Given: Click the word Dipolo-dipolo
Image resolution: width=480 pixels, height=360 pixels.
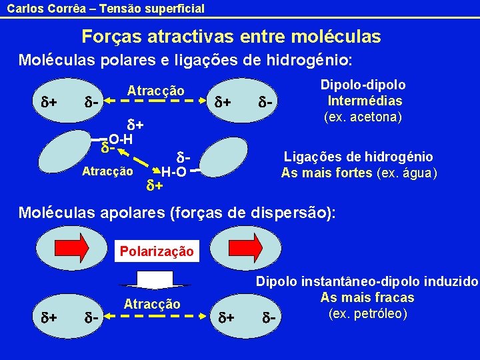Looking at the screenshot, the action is pyautogui.click(x=363, y=85).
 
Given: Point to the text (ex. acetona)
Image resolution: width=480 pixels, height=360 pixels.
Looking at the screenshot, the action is pyautogui.click(x=363, y=117).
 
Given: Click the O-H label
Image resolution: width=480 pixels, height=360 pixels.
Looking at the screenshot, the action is pyautogui.click(x=120, y=139).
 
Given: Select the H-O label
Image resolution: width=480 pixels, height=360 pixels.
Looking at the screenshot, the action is pyautogui.click(x=173, y=172).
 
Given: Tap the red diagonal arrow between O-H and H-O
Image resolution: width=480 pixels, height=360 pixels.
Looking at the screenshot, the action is pyautogui.click(x=138, y=160).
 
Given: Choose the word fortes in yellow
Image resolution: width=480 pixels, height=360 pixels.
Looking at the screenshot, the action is pyautogui.click(x=353, y=173).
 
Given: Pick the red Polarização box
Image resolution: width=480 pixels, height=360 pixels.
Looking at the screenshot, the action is pyautogui.click(x=156, y=251).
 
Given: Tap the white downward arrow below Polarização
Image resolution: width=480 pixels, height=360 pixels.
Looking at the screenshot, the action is pyautogui.click(x=156, y=279).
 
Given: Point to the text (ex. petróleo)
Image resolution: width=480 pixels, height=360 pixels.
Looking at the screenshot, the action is pyautogui.click(x=367, y=313).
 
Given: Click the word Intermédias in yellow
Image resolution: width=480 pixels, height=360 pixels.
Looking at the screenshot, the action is pyautogui.click(x=365, y=101).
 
